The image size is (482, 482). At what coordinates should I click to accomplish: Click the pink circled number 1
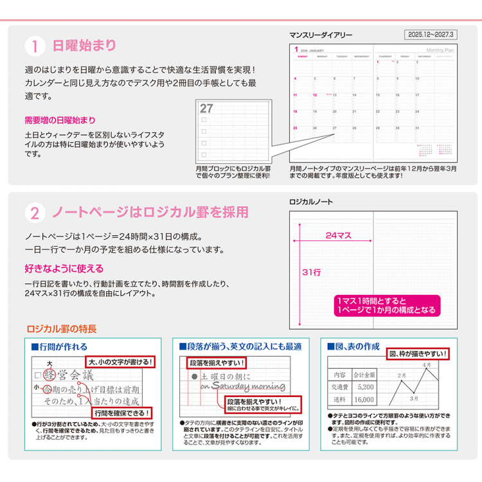click(x=35, y=46)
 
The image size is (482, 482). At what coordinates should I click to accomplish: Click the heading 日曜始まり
click(x=84, y=46)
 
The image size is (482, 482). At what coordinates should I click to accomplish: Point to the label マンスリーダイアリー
click(x=321, y=35)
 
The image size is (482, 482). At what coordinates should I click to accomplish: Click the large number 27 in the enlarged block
click(x=207, y=108)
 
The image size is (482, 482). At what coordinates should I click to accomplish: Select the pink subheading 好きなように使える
click(x=64, y=268)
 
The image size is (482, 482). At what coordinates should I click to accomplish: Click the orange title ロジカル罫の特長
click(x=62, y=329)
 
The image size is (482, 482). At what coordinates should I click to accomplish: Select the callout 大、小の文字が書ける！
click(x=121, y=362)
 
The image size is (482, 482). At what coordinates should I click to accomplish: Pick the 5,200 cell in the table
click(x=365, y=387)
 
